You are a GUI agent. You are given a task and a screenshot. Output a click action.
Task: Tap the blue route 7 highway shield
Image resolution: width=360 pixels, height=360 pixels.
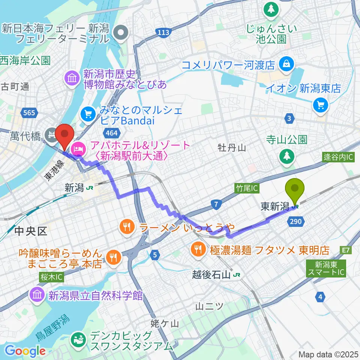pyautogui.click(x=216, y=205)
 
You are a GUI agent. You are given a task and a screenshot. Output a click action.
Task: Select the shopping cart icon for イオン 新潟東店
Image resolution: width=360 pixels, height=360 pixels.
pyautogui.click(x=321, y=105)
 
